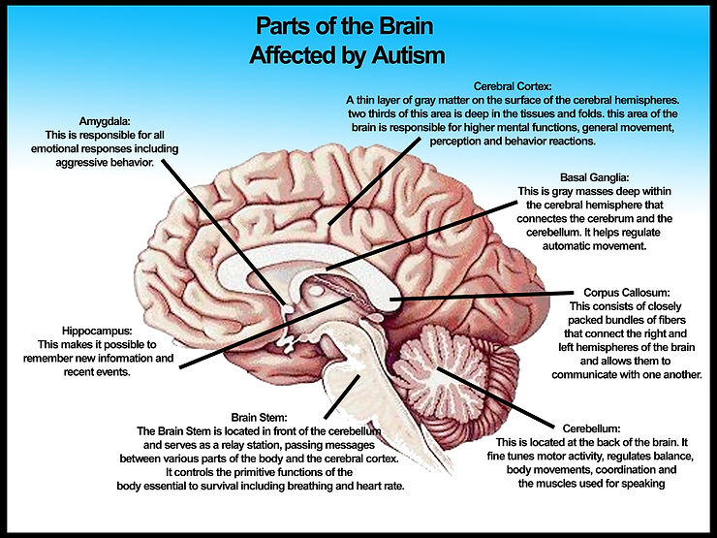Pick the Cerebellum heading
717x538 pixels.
pos(598,427)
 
